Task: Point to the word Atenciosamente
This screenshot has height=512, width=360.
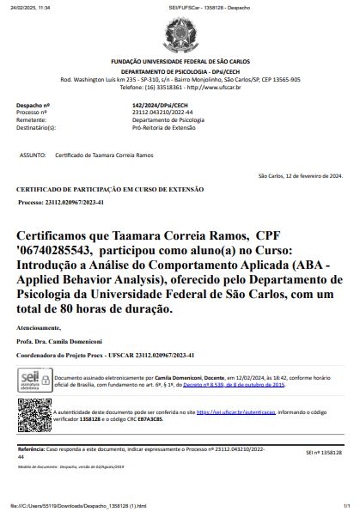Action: [39, 328]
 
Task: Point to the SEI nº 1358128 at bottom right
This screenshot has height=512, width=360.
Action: [324, 452]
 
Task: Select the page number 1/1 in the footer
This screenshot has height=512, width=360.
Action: [346, 506]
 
